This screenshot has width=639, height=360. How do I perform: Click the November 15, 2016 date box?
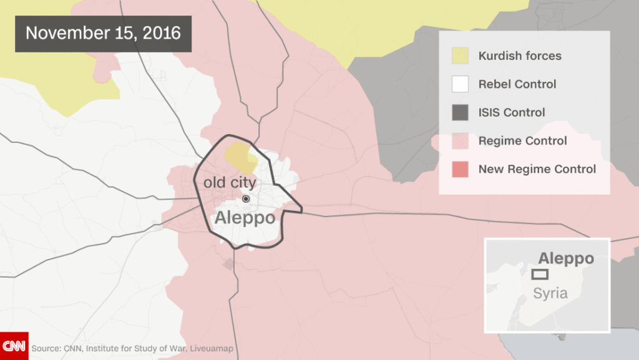coord(103,34)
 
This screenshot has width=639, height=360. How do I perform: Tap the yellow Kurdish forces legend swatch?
coord(460,56)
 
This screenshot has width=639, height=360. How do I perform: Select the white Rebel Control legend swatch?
coord(460,84)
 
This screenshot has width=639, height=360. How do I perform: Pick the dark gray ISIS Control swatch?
coord(460,112)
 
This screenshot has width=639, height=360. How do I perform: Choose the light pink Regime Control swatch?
coord(460,141)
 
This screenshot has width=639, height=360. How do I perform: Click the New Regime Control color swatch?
coord(460,169)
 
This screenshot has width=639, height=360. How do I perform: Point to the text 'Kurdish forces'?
coord(520,56)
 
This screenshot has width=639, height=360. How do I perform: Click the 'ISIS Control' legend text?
coord(512,113)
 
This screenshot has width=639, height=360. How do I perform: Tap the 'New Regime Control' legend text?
coord(537,169)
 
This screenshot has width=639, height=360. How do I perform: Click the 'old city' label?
coord(230,183)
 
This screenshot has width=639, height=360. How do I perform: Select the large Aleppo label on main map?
coord(245,218)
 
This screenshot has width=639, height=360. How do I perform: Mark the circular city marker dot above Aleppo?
coord(246,198)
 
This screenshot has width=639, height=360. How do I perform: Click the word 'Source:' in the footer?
coord(45,349)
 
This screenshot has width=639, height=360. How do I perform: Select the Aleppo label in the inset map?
coord(566,259)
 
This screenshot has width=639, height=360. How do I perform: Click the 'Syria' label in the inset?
coord(550,293)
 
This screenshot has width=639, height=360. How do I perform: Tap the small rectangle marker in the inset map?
coord(540,274)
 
